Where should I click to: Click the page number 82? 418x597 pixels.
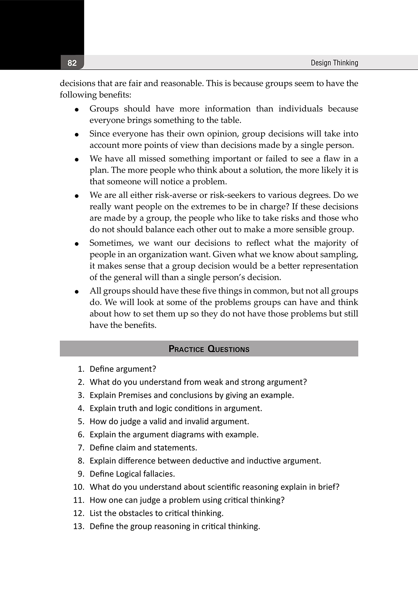pyautogui.click(x=72, y=63)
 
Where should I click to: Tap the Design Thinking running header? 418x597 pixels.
pyautogui.click(x=334, y=63)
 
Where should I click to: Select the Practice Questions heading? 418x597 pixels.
pyautogui.click(x=209, y=349)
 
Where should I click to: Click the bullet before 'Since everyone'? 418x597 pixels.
pyautogui.click(x=77, y=135)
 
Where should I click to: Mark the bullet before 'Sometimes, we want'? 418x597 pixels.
pyautogui.click(x=77, y=244)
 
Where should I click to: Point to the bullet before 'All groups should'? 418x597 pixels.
pyautogui.click(x=77, y=292)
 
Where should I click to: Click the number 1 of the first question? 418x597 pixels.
pyautogui.click(x=81, y=369)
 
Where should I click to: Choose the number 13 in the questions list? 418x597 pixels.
pyautogui.click(x=79, y=526)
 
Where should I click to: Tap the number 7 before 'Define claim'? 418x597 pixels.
pyautogui.click(x=81, y=448)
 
